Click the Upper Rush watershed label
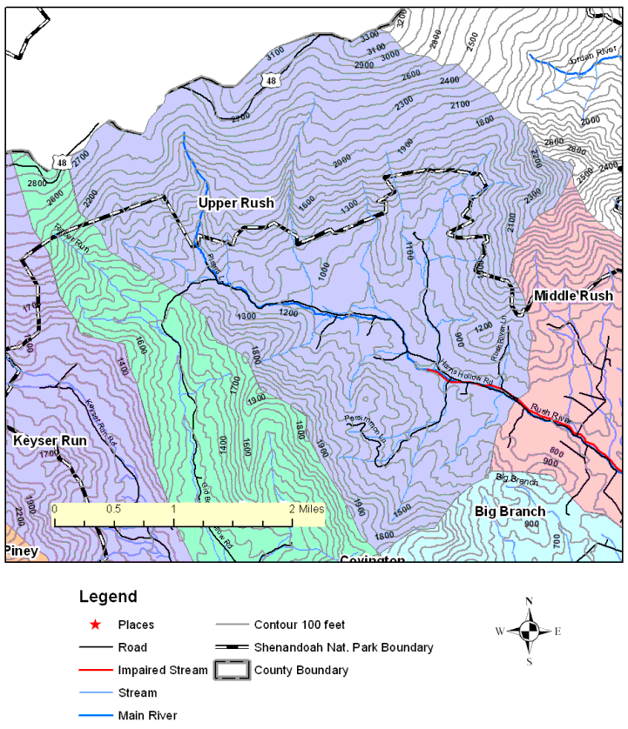tap(235, 203)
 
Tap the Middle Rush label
tap(573, 296)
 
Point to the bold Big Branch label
tap(510, 511)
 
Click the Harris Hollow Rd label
tap(467, 372)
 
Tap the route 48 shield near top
tap(273, 81)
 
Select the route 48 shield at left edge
tap(60, 162)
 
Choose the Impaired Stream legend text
tap(163, 670)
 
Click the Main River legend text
tap(147, 715)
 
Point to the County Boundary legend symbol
tap(231, 670)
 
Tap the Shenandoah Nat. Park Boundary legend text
tap(343, 647)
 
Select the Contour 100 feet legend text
tap(300, 625)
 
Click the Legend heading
tap(108, 597)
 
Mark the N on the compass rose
tap(529, 601)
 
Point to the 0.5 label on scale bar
tap(113, 508)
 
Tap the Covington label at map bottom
tap(373, 559)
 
